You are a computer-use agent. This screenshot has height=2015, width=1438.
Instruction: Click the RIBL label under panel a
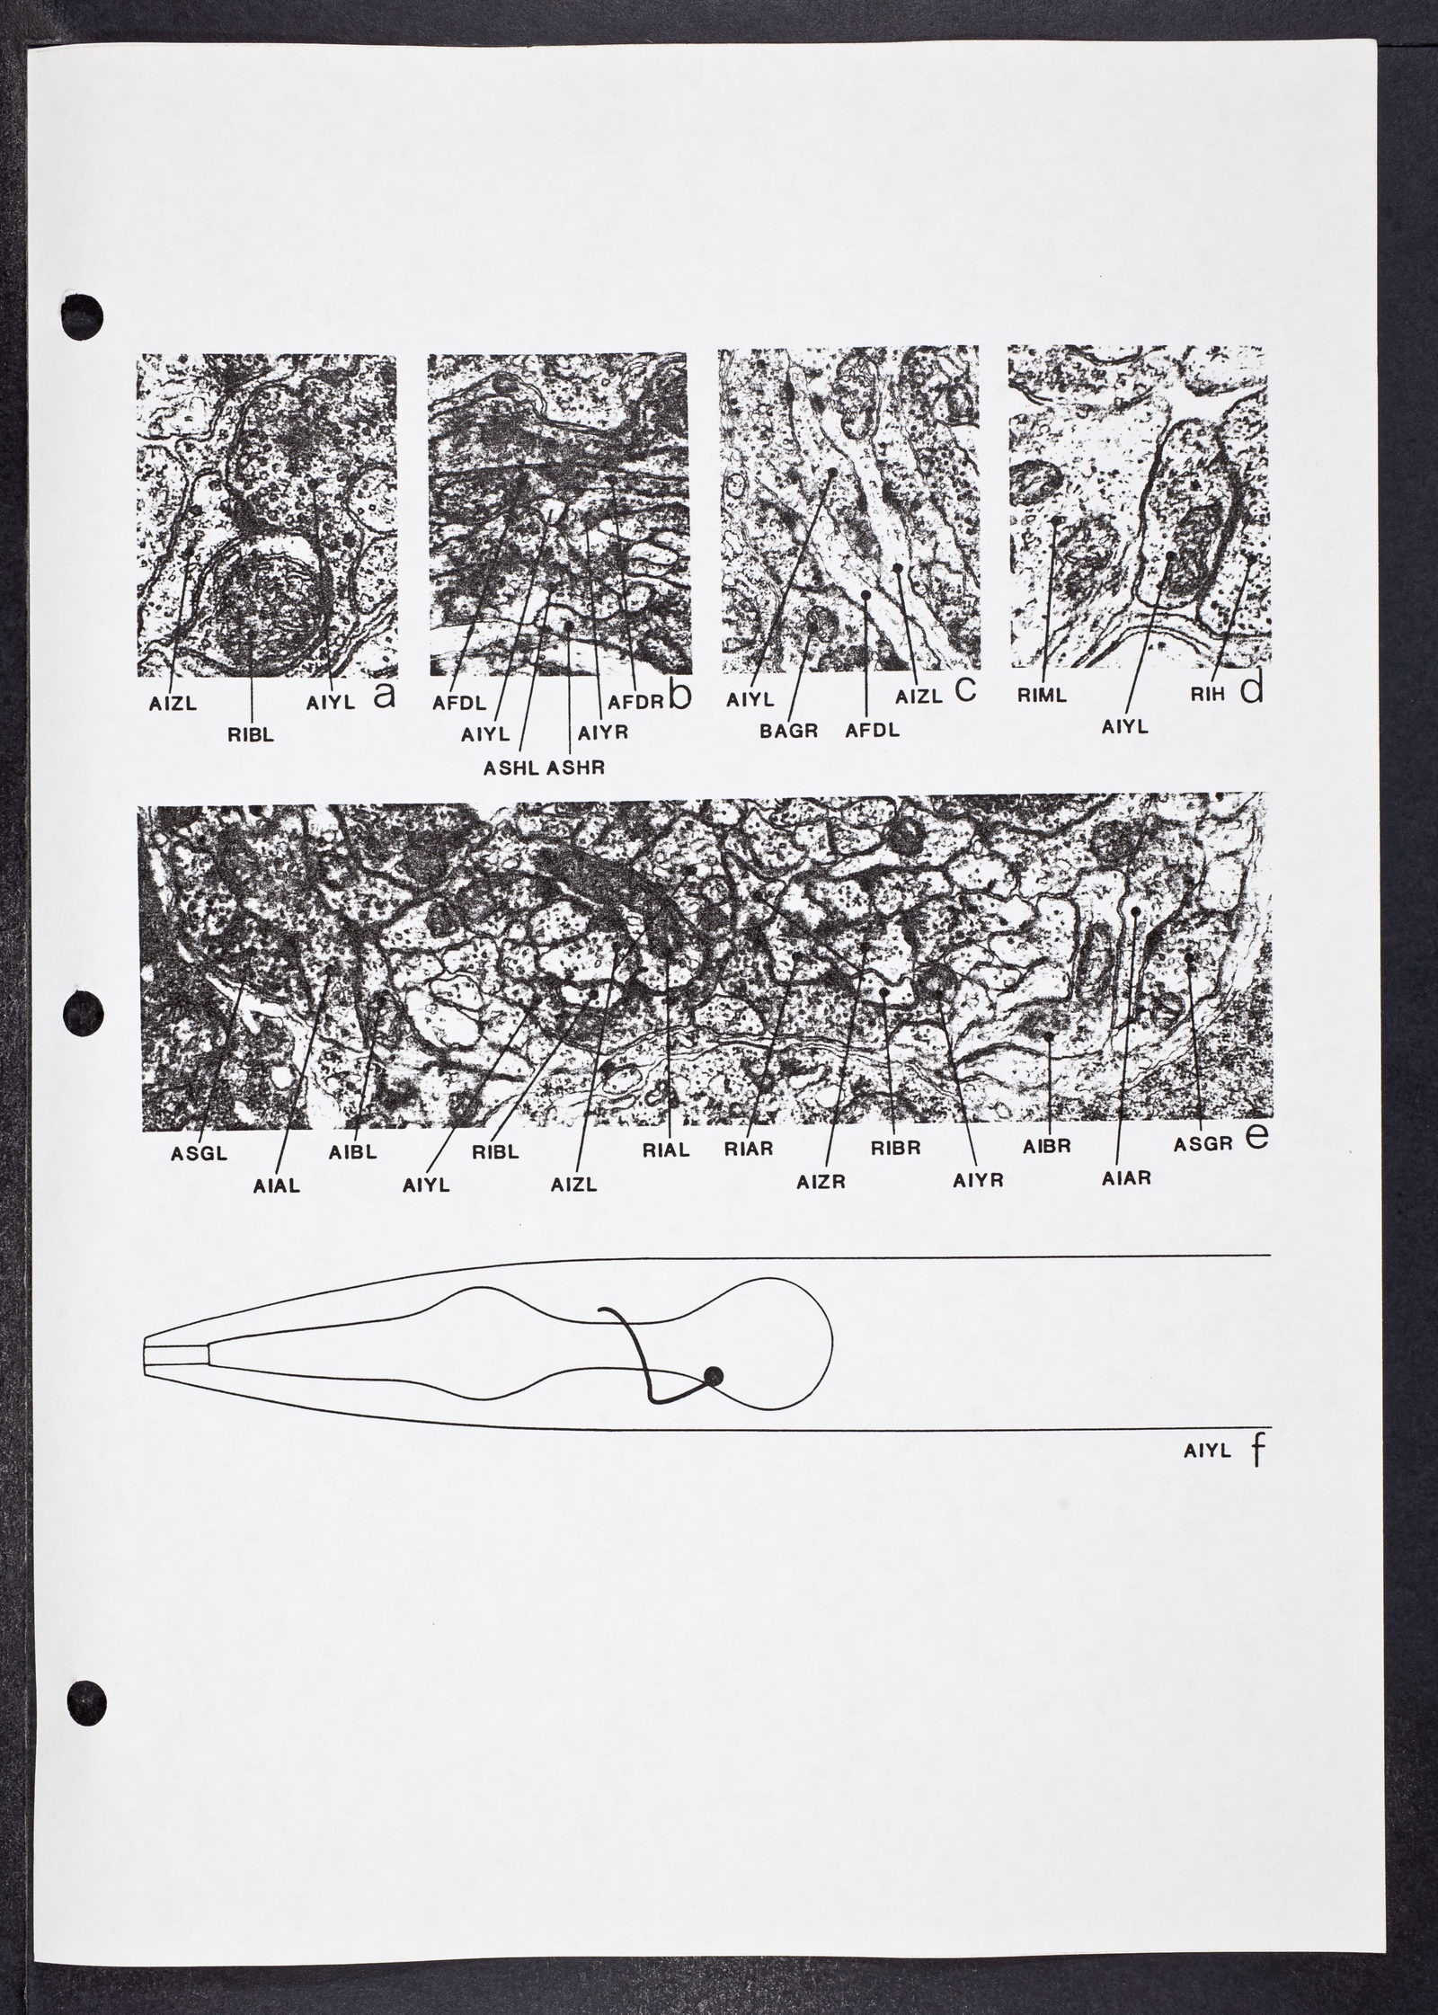coord(251,734)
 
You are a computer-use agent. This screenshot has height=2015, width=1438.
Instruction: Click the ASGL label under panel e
coord(193,1155)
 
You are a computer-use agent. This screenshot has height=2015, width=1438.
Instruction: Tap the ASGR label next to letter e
coord(1200,1146)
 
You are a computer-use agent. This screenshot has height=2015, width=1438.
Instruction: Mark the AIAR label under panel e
coord(1126,1177)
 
